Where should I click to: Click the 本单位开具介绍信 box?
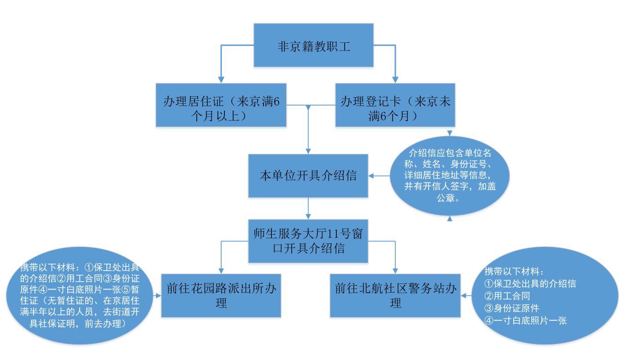(308, 175)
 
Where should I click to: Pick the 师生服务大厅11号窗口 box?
(308, 241)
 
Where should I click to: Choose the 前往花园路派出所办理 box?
(221, 295)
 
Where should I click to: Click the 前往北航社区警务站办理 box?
(395, 295)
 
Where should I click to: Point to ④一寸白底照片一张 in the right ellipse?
(526, 320)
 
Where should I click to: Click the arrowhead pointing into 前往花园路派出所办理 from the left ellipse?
(158, 295)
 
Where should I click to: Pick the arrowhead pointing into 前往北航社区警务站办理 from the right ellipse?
(464, 295)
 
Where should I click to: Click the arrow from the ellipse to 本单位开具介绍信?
(378, 176)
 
